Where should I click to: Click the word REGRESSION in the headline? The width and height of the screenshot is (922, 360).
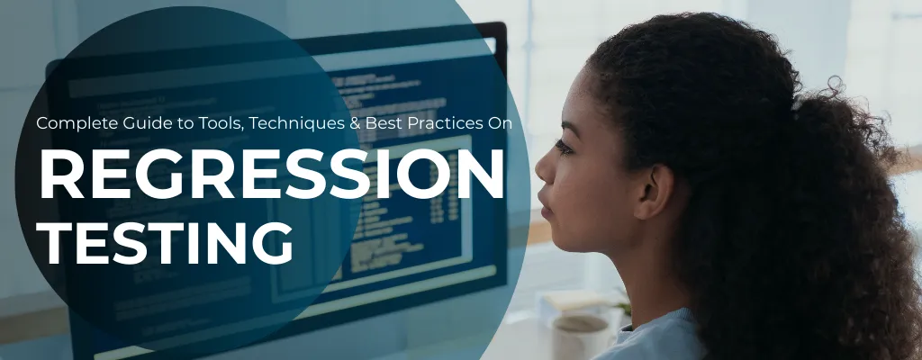coord(271,175)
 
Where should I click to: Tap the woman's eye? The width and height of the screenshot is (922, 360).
coord(565,147)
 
